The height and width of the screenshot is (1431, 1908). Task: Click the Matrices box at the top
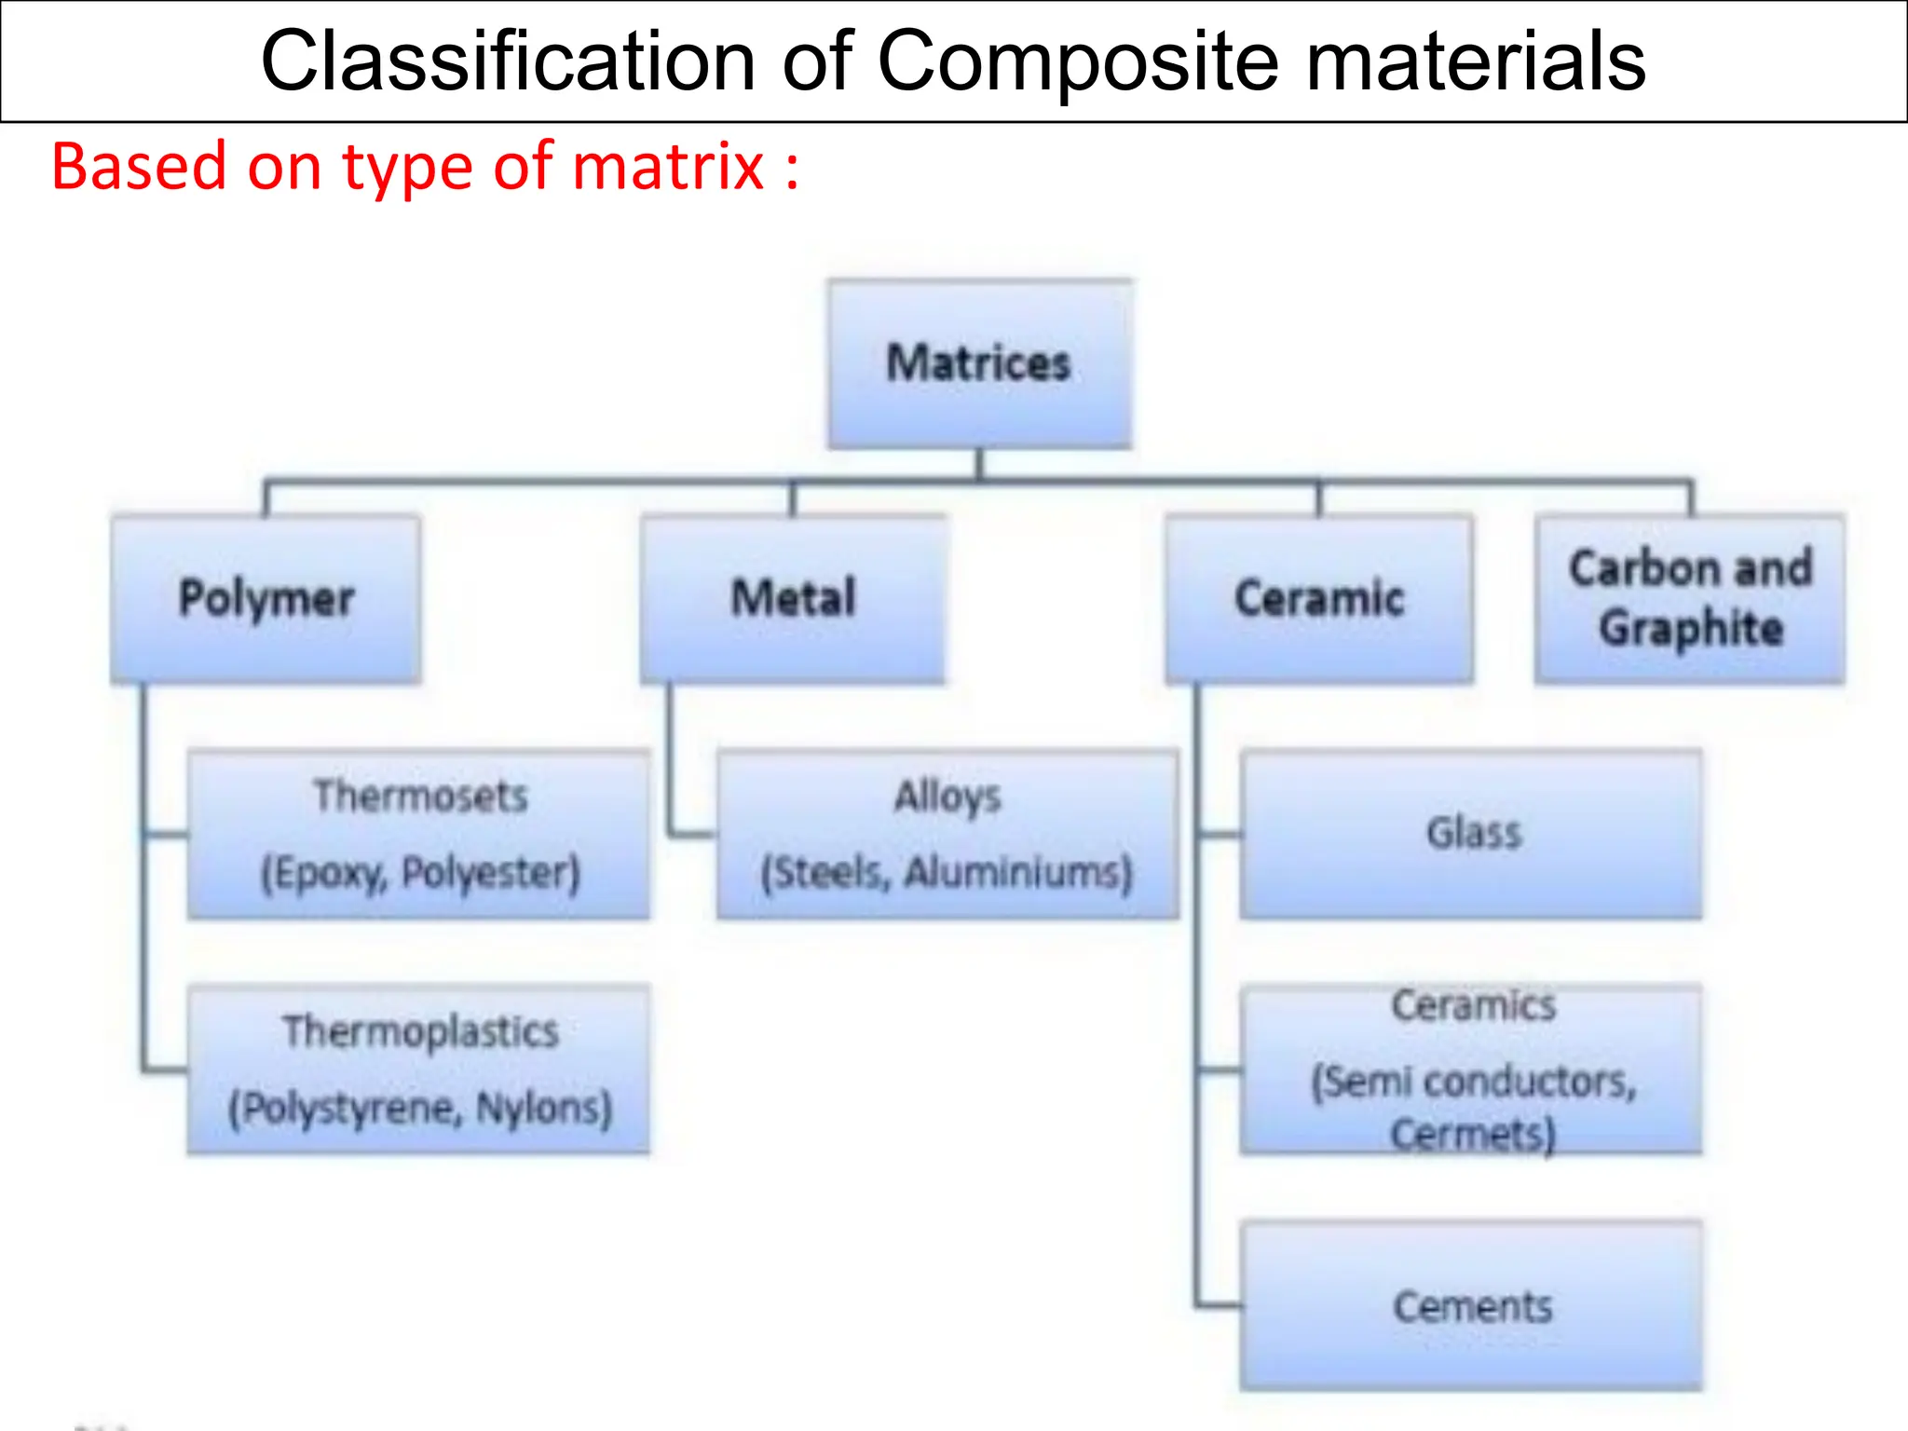click(979, 363)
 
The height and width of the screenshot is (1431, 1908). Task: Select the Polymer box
click(266, 599)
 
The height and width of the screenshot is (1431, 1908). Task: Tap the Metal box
click(793, 599)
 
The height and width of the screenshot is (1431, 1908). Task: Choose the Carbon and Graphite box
click(1690, 599)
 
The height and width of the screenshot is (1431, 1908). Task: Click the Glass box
click(1472, 834)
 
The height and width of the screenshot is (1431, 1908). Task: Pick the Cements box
click(1472, 1306)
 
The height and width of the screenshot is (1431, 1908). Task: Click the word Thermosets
click(420, 797)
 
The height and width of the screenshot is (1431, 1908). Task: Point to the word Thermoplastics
click(420, 1032)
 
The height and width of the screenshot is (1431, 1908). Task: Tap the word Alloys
click(947, 797)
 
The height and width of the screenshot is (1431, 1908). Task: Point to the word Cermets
click(1472, 1136)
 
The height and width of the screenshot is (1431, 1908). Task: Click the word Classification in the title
click(508, 61)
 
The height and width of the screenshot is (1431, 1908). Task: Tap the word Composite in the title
click(1078, 61)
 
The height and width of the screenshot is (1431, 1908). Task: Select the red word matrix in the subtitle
click(669, 168)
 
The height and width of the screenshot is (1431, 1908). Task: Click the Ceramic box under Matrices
click(1319, 599)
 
